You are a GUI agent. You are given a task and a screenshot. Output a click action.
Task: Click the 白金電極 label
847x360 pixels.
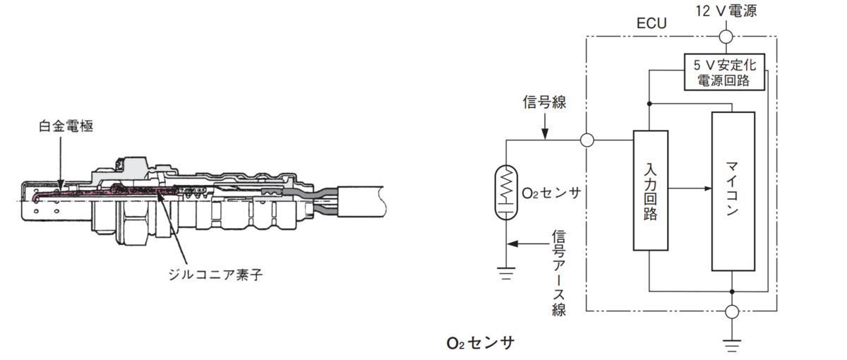coord(66,126)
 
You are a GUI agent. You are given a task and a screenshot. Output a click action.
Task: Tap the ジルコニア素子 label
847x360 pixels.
coord(215,274)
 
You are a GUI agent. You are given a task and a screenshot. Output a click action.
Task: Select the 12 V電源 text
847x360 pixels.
coord(726,11)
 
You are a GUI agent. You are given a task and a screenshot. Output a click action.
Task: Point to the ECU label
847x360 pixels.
coord(651,23)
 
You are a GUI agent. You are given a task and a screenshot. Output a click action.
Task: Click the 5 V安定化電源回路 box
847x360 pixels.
coord(724,72)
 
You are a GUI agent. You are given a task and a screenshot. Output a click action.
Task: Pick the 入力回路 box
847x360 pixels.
coord(650,191)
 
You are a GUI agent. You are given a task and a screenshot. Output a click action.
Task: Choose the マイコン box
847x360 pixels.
coord(733,191)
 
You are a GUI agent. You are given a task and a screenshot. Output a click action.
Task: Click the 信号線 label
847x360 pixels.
coord(544,102)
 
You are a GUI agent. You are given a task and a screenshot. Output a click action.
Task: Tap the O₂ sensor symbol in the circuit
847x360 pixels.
coord(506,193)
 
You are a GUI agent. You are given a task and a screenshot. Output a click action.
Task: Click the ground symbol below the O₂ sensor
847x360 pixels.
coord(506,273)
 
